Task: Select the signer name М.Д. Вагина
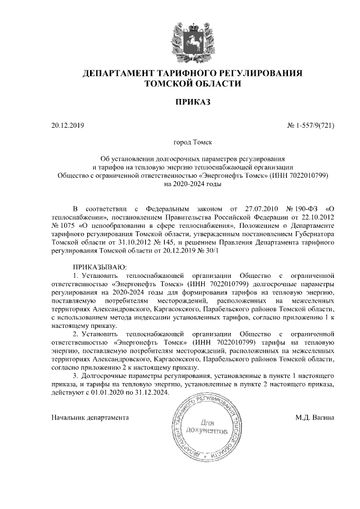(315, 418)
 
